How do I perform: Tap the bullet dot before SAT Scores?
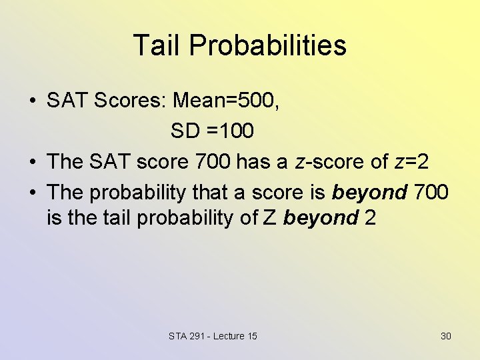32,101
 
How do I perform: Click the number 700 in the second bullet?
214,162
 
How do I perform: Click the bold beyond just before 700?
369,193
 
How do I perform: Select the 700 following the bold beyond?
431,193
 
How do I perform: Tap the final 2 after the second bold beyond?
370,217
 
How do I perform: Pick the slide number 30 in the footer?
446,336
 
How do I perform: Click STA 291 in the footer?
187,336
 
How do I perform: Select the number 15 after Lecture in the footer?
251,336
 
